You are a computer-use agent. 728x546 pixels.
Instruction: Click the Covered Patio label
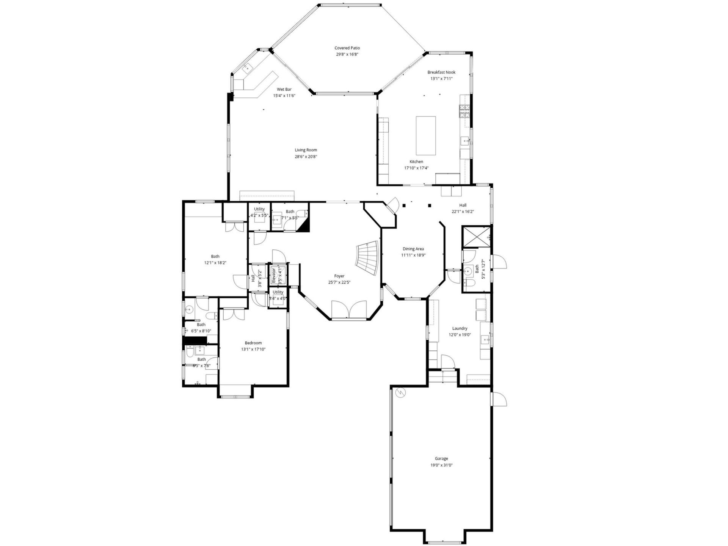(x=347, y=48)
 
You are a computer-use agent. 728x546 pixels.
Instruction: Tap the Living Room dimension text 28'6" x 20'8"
(x=306, y=157)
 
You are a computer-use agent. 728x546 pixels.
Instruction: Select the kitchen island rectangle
(x=425, y=135)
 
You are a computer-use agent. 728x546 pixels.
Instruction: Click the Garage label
(x=441, y=458)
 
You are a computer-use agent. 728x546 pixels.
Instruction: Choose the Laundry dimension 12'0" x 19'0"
(x=460, y=335)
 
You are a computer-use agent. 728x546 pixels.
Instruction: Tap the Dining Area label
(x=413, y=249)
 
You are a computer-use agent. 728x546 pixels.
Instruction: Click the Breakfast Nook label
(x=441, y=72)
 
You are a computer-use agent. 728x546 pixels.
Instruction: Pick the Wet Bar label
(x=284, y=89)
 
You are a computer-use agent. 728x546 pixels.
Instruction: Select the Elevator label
(x=273, y=276)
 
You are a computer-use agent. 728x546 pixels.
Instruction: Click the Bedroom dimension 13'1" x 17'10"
(x=253, y=349)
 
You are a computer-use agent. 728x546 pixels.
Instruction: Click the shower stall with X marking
(x=476, y=237)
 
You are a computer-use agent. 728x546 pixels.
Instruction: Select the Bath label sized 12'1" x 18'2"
(x=215, y=256)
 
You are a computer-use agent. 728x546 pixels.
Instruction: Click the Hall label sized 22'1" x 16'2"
(x=463, y=205)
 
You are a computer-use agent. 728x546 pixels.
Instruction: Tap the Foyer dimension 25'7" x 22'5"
(x=339, y=282)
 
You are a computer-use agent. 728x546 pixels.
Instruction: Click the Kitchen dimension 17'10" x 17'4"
(x=416, y=168)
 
